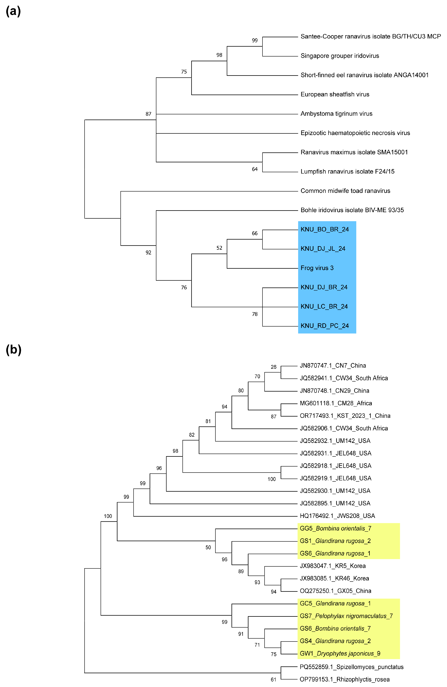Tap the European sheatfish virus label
pos(335,94)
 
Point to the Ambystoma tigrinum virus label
pos(336,114)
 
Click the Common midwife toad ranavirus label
pos(345,191)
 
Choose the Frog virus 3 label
pos(317,268)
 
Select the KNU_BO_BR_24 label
pos(325,229)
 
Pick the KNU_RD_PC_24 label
pos(325,326)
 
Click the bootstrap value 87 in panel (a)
pos(148,114)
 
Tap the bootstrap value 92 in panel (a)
pos(148,253)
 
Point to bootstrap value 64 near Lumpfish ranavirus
pos(255,169)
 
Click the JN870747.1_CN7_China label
pos(333,366)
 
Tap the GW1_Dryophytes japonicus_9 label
pos(340,653)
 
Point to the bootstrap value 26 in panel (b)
pos(273,367)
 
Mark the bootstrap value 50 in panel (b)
pos(208,548)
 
